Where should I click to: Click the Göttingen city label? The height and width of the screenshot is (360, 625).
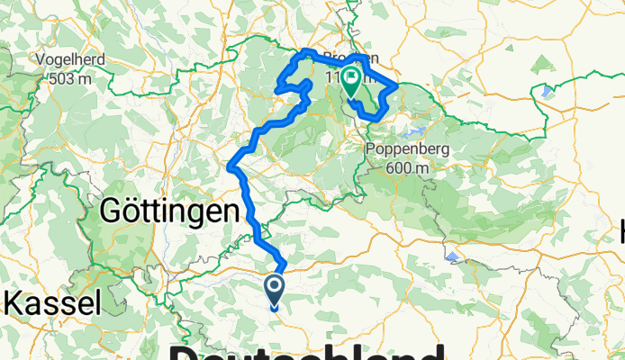pos(171,211)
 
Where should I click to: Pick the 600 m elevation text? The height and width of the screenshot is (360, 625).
pos(402,167)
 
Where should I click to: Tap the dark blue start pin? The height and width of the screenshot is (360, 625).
pos(274,290)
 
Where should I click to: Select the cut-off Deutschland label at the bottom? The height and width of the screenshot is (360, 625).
pos(306,351)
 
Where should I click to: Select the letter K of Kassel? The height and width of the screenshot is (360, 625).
pos(14,301)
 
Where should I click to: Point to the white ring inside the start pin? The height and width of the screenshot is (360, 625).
pos(274,286)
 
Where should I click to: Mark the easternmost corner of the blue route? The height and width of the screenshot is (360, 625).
pos(398,86)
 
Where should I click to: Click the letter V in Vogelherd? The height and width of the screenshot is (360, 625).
pos(40,61)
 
